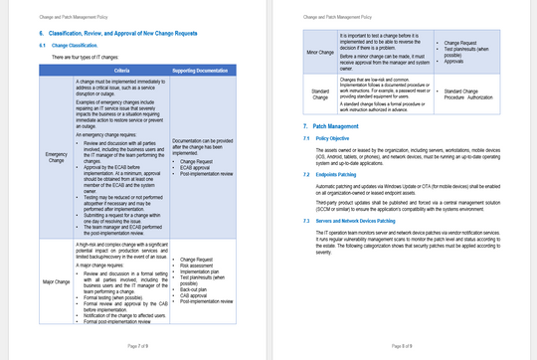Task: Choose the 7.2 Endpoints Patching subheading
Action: point(345,174)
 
